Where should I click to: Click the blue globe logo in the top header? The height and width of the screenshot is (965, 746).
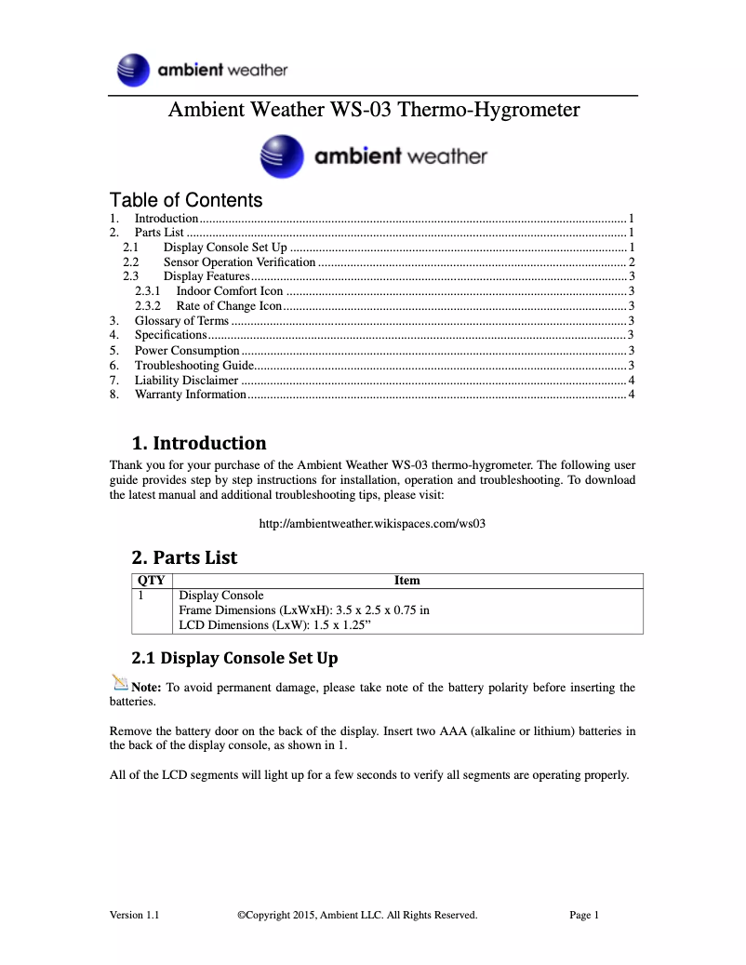click(x=134, y=70)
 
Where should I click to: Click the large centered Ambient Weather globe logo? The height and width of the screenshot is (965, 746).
click(x=282, y=156)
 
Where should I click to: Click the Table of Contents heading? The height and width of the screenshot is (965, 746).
click(x=186, y=200)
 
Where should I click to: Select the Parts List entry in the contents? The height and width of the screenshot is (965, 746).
click(x=159, y=233)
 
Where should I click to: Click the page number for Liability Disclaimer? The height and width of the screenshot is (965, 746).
click(x=632, y=380)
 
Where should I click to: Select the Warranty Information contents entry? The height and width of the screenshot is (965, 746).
click(x=191, y=395)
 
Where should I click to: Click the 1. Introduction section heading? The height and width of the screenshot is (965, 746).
click(x=199, y=443)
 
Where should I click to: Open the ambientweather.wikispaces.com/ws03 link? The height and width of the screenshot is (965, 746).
click(x=372, y=523)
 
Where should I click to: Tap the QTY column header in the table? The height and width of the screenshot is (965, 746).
click(x=151, y=580)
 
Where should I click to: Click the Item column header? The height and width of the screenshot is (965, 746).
click(x=407, y=580)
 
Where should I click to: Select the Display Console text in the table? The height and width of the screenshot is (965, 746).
click(x=221, y=596)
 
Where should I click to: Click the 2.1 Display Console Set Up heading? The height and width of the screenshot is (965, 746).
click(x=234, y=658)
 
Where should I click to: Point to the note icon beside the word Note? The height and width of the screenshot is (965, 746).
click(x=119, y=684)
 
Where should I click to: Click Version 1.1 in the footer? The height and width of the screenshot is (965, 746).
click(x=134, y=915)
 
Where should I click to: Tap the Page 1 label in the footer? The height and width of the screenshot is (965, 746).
click(x=584, y=915)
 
